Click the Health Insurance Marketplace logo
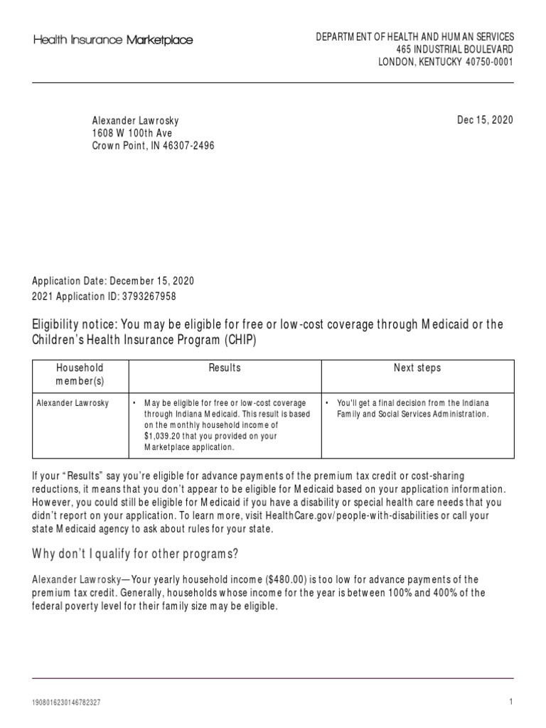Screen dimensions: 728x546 [x=113, y=41]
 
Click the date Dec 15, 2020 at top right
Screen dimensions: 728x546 [x=485, y=119]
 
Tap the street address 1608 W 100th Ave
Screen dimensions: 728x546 [x=132, y=133]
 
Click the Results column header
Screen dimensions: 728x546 [x=224, y=368]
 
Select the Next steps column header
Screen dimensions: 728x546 [x=417, y=368]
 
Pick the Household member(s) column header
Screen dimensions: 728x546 [x=80, y=374]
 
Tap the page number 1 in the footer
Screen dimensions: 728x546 [x=510, y=702]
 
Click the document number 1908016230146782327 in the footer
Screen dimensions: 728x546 [x=67, y=702]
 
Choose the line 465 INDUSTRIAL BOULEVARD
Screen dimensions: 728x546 [x=455, y=49]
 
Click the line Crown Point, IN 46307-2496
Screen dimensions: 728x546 [x=153, y=146]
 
